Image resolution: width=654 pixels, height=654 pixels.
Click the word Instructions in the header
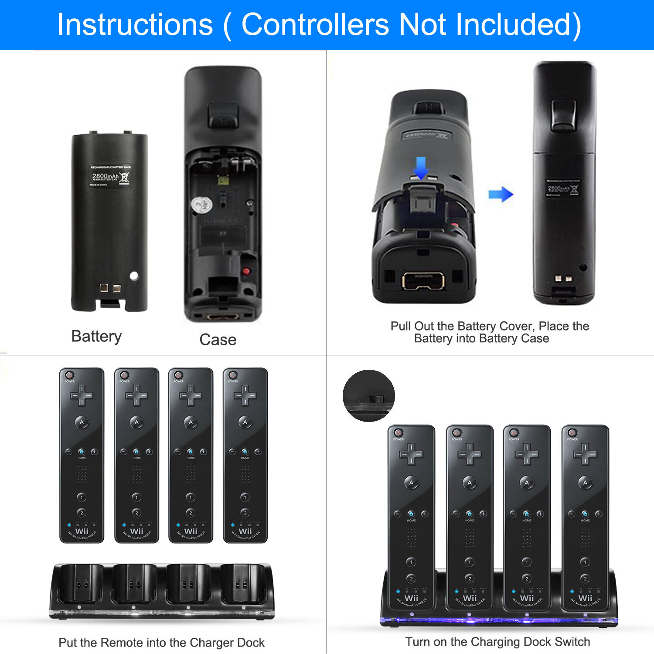click(x=135, y=24)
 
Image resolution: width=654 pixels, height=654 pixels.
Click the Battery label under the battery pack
click(x=96, y=337)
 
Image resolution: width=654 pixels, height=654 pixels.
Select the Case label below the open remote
click(x=218, y=340)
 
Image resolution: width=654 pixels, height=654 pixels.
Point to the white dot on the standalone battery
click(x=134, y=276)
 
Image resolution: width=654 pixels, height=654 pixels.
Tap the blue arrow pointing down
click(x=421, y=168)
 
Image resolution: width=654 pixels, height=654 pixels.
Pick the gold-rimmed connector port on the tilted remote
click(x=423, y=281)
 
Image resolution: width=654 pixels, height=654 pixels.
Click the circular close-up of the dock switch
click(x=369, y=396)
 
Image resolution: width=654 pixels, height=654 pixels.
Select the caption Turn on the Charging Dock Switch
click(x=497, y=642)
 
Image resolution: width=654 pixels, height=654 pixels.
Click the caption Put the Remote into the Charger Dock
click(x=161, y=643)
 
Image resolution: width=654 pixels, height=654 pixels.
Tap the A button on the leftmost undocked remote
click(x=82, y=422)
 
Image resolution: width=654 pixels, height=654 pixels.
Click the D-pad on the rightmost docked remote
click(x=585, y=454)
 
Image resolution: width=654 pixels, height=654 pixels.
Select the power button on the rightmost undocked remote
click(x=233, y=375)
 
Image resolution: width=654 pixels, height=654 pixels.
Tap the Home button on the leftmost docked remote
click(x=411, y=514)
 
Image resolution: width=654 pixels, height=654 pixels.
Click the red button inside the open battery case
click(x=246, y=271)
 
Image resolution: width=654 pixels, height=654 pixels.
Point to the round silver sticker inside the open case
click(x=201, y=204)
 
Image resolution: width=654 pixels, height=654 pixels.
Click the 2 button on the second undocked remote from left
click(x=136, y=513)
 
